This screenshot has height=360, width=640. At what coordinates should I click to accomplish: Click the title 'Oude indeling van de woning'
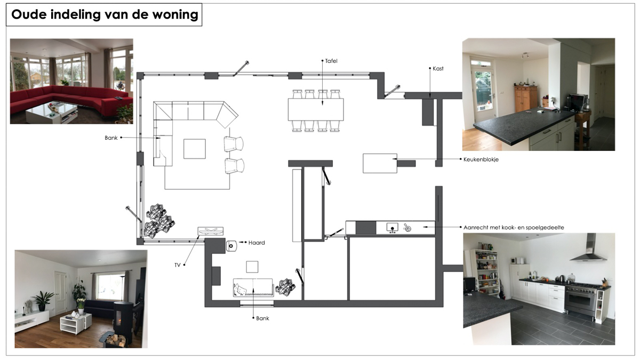click(105, 14)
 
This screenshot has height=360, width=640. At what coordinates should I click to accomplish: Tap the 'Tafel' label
click(331, 61)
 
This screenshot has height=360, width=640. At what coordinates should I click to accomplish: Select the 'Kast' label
click(438, 69)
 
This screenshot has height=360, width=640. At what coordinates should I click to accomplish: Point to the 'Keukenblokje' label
click(481, 159)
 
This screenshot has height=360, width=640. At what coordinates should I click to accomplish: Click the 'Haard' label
click(257, 243)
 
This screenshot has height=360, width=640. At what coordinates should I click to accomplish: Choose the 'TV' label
click(178, 265)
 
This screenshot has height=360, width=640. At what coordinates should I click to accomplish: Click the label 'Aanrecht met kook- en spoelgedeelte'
click(514, 227)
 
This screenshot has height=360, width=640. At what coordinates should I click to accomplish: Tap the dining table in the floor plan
click(316, 109)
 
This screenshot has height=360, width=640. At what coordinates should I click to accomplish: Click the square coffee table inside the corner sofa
click(195, 149)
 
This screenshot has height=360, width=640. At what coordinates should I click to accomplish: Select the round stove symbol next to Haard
click(231, 246)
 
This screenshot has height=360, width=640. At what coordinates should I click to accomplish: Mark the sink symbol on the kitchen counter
click(393, 228)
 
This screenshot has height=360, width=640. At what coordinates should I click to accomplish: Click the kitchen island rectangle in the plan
click(380, 163)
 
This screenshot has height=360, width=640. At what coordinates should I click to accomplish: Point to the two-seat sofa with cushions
click(253, 287)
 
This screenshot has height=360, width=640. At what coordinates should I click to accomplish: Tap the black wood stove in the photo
click(123, 318)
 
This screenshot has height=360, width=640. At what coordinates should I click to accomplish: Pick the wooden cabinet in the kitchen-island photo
click(526, 99)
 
